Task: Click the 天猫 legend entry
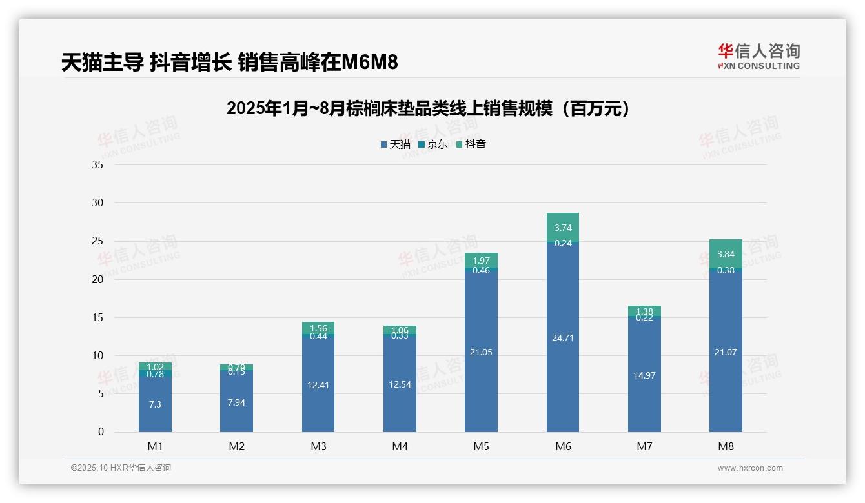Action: (396, 144)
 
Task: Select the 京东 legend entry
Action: (433, 144)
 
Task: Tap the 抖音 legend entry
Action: (471, 144)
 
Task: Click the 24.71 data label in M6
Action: (563, 338)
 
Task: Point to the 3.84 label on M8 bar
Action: (726, 254)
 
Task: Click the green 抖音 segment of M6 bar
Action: (563, 227)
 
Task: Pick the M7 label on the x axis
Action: (644, 447)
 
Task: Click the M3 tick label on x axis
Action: (318, 447)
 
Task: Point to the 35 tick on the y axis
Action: (97, 165)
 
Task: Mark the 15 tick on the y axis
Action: (97, 317)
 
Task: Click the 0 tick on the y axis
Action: (101, 432)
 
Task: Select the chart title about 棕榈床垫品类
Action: (428, 109)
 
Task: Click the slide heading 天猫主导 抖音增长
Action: (229, 63)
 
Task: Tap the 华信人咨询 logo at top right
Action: (758, 57)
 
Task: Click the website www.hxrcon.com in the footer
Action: (750, 468)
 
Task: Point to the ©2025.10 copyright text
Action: (121, 468)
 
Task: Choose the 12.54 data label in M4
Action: (400, 384)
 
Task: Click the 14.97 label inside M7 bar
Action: (644, 375)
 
